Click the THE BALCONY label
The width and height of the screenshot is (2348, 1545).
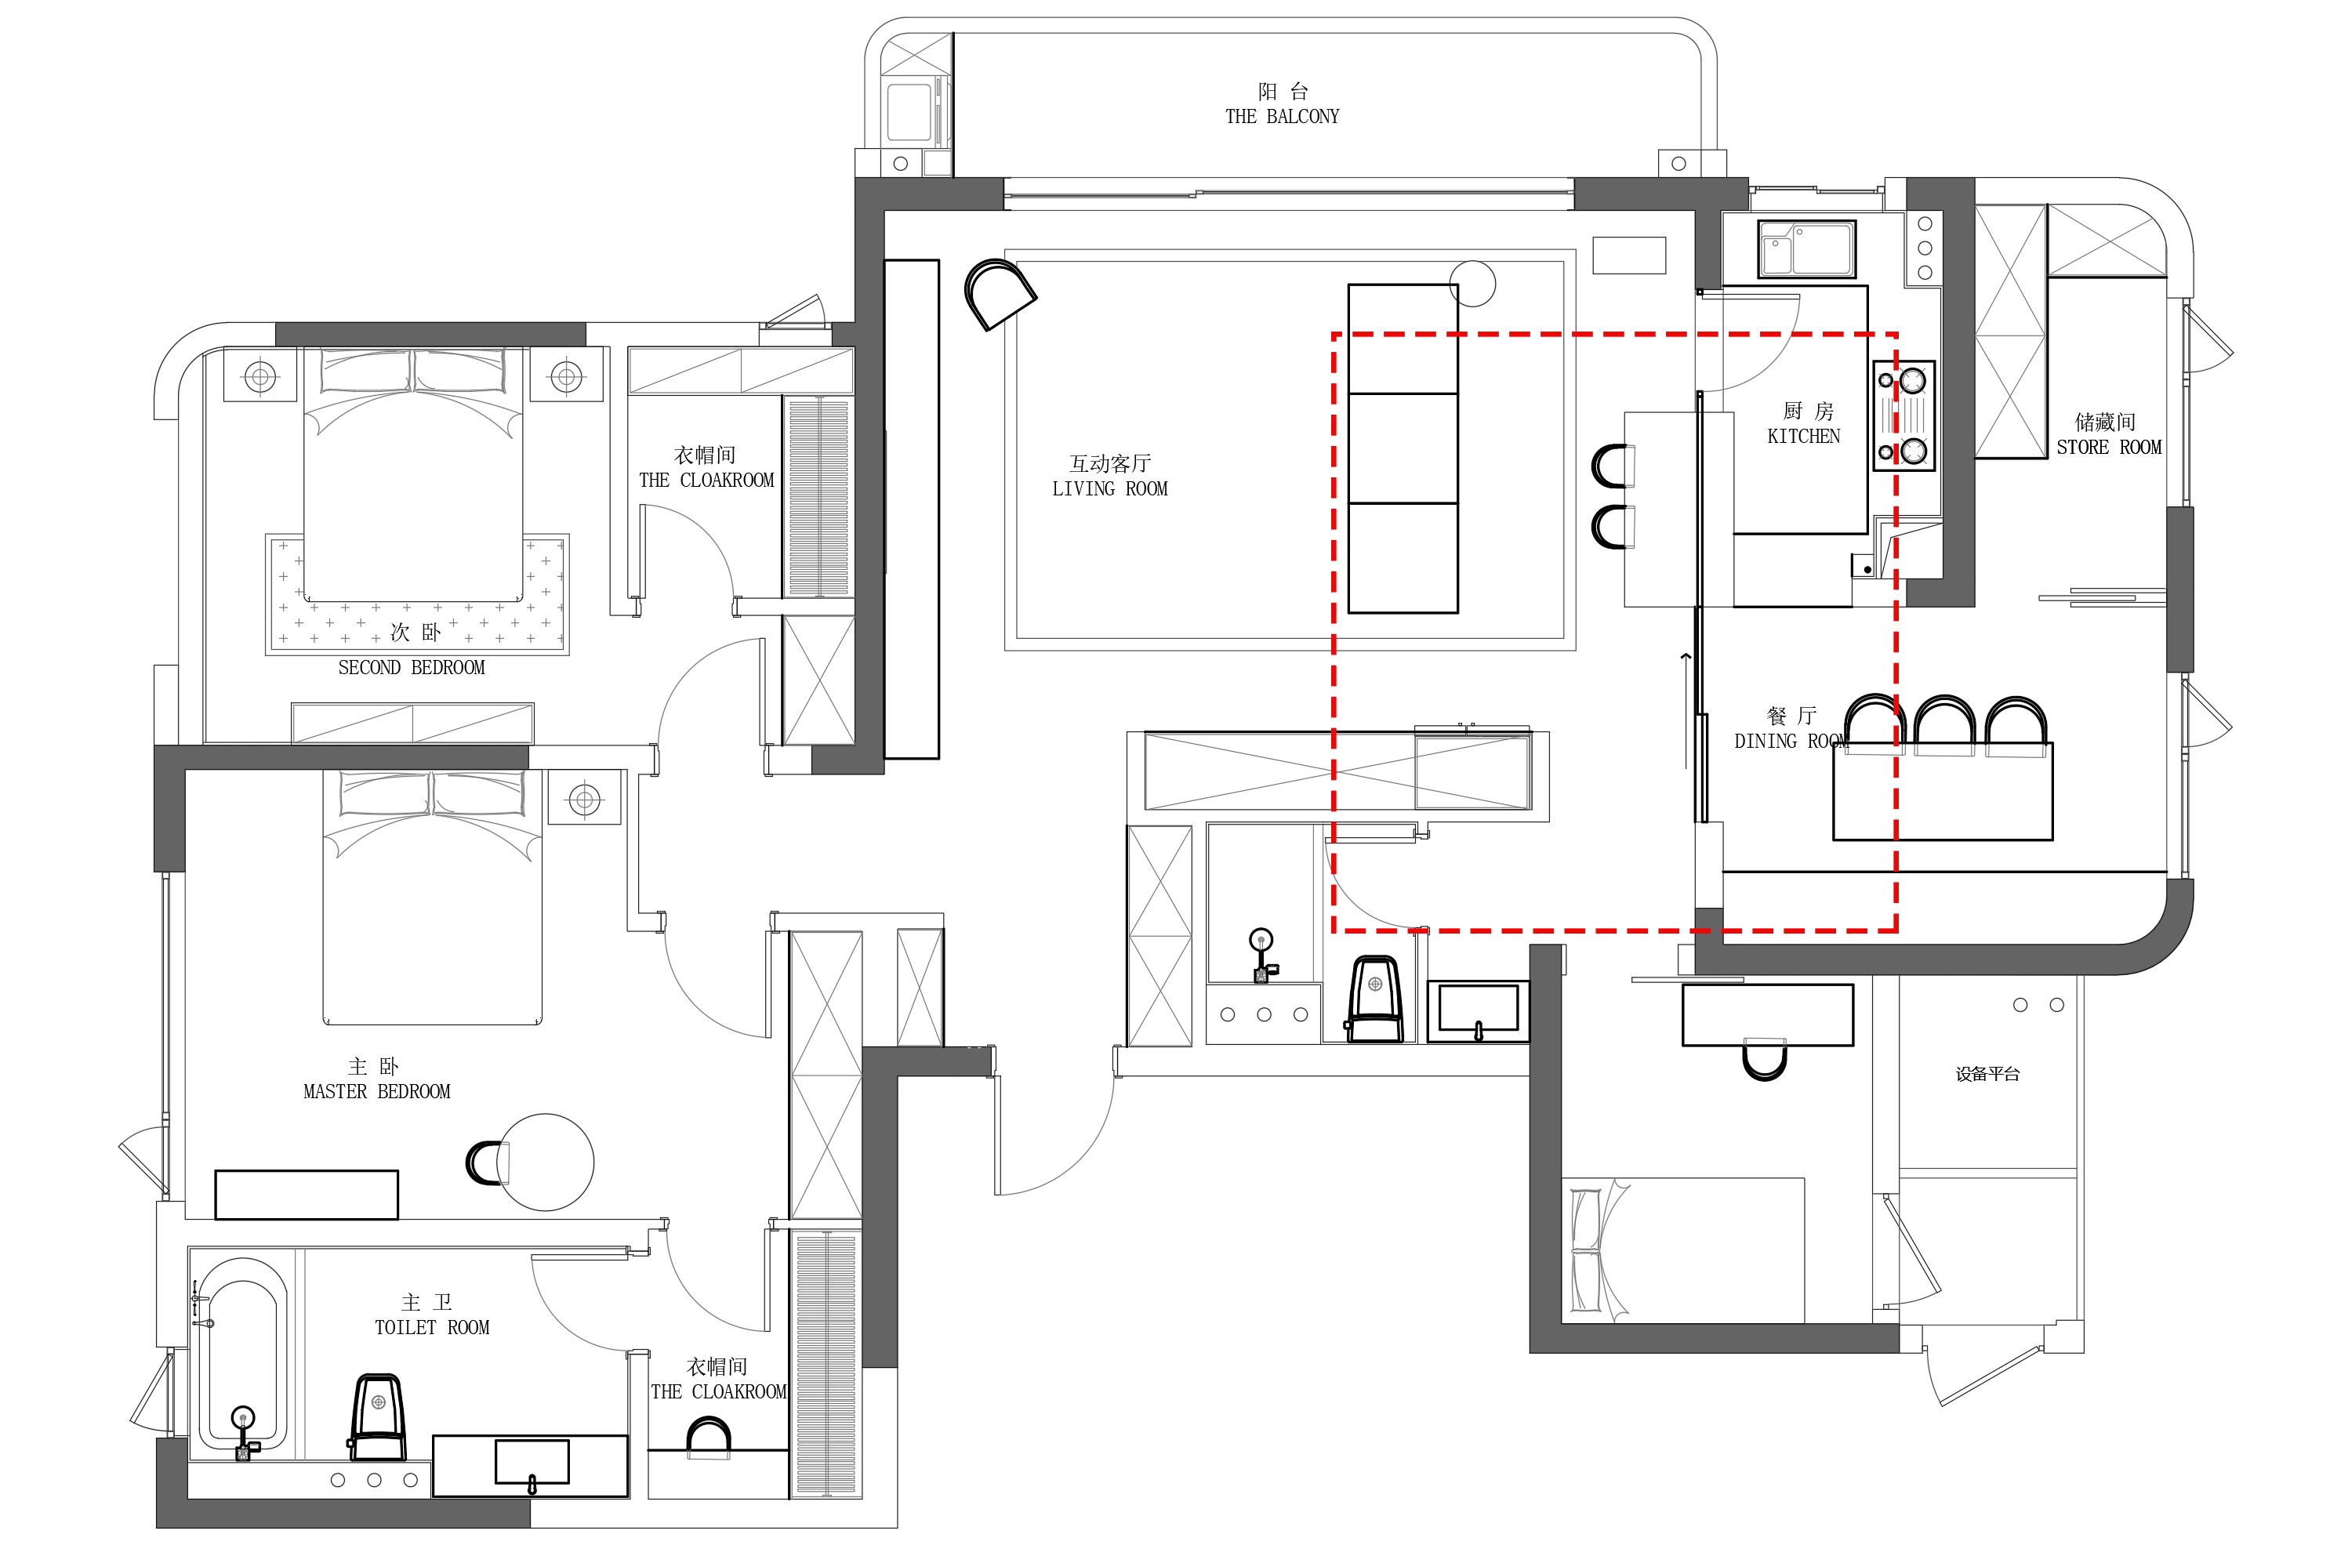point(1282,117)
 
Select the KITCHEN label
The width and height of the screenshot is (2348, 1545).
point(1803,436)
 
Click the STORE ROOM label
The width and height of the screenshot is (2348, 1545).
point(2108,447)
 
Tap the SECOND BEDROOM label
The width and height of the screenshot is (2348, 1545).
point(412,667)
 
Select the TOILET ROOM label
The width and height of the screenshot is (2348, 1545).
point(431,1327)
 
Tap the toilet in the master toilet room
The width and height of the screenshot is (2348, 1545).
point(378,1418)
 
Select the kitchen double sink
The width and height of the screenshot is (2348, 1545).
point(1805,248)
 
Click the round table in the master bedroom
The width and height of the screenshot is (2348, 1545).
point(546,1162)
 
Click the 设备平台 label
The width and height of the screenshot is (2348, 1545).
point(1987,1075)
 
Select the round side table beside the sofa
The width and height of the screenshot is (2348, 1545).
point(1473,283)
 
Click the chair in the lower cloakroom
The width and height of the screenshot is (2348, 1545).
point(709,1438)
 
